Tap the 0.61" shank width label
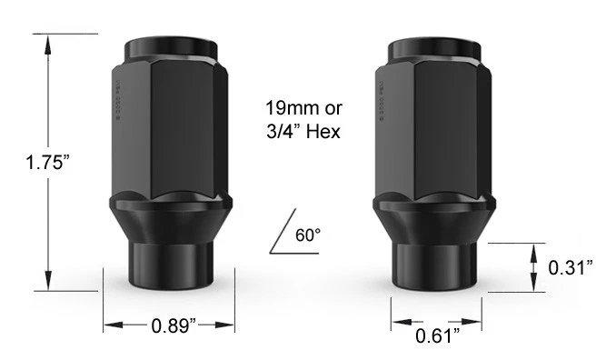[437, 336]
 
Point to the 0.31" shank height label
[571, 267]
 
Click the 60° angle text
[310, 235]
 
